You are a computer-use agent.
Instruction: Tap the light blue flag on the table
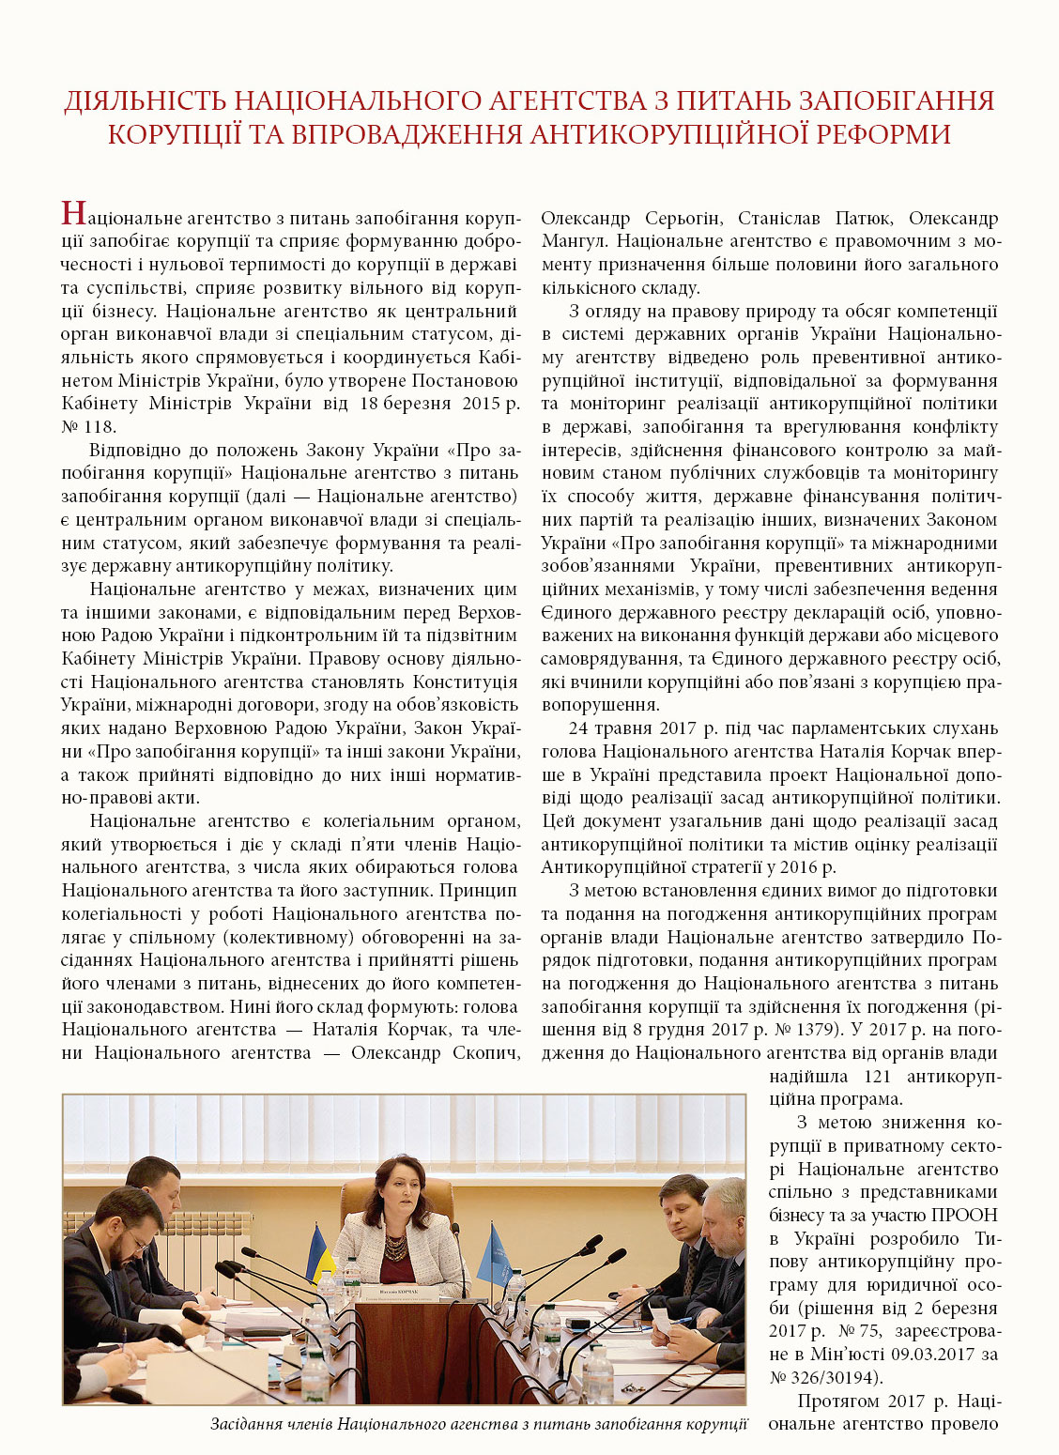point(495,1252)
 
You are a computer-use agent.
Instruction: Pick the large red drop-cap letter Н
point(74,214)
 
